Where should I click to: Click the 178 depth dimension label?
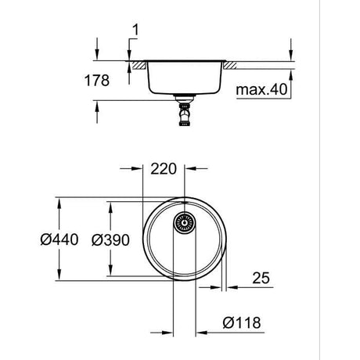[x=97, y=81]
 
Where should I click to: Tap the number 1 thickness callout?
[x=135, y=30]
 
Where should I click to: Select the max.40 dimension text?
[x=261, y=89]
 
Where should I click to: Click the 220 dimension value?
[x=164, y=169]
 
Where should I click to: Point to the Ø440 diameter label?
[x=59, y=239]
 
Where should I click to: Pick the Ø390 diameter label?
[x=110, y=239]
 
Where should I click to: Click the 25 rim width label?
[x=261, y=278]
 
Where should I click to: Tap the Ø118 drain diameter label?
[x=242, y=322]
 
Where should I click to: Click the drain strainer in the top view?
[x=185, y=223]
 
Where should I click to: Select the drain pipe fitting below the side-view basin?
[x=185, y=110]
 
